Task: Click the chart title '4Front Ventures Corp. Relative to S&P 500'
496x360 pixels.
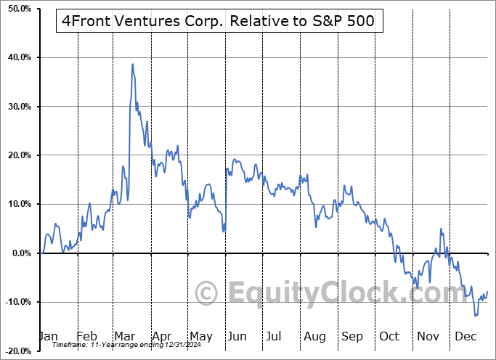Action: pos(215,21)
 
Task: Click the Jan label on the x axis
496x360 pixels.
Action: pos(48,336)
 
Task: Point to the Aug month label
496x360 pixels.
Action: pos(314,336)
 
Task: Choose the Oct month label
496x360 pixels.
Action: pos(389,336)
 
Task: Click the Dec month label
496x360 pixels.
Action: pos(465,336)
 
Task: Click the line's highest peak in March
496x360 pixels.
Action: pos(132,64)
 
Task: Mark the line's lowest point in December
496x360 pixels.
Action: pos(476,316)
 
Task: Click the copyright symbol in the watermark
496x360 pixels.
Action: pos(207,294)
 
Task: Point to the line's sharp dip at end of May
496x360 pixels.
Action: pos(224,232)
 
